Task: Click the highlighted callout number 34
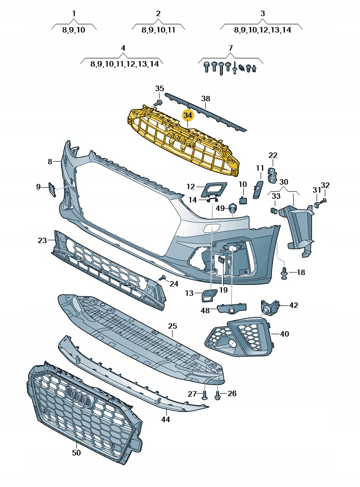188,115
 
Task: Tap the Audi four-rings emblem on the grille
79,396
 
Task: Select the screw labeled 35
158,103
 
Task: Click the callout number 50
76,453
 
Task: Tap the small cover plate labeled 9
51,190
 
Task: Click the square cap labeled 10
243,200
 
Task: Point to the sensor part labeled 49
233,209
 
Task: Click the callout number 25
172,326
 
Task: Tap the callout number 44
165,419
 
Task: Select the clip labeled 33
273,210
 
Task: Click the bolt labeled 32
324,200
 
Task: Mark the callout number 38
206,98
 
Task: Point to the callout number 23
42,240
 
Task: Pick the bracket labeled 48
232,308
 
